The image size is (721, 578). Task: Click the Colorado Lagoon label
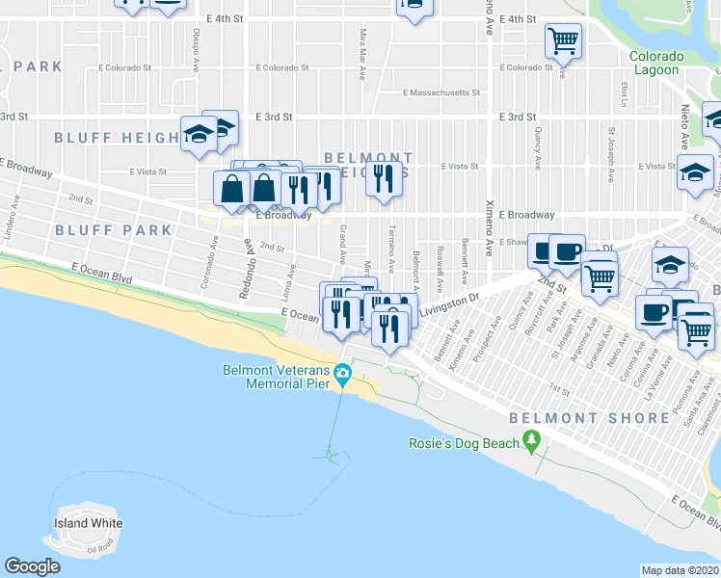tap(655, 63)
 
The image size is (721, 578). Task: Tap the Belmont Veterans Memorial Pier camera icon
tap(341, 373)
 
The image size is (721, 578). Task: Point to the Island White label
tap(88, 524)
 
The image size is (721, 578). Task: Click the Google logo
tap(32, 566)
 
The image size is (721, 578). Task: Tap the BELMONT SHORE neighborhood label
tap(589, 418)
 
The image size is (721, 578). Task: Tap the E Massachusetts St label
tap(441, 93)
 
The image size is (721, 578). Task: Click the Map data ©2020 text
tap(680, 570)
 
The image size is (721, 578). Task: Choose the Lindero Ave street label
tap(14, 218)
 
